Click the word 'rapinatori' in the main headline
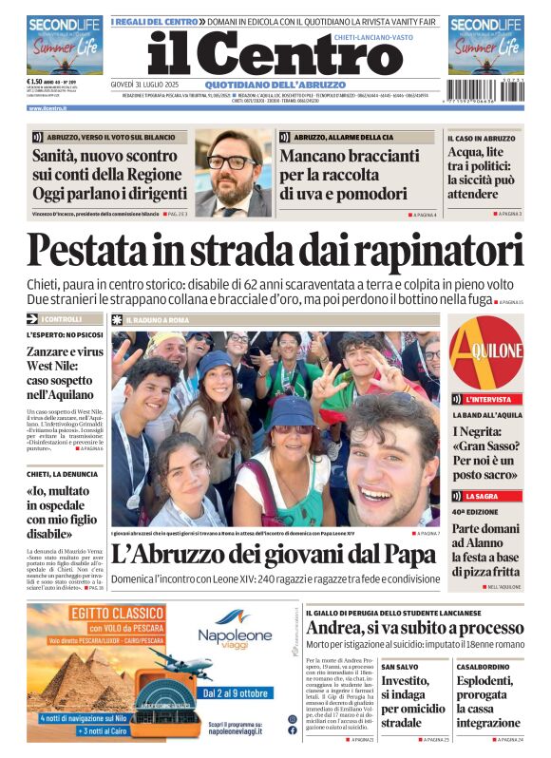coord(446,250)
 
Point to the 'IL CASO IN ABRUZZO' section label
coord(482,138)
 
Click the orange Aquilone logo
coord(486,351)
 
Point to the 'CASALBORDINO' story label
coord(484,667)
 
